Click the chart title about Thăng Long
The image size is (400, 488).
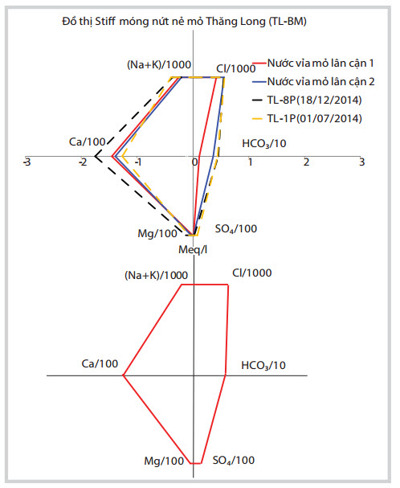[184, 22]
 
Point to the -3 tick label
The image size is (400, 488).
[27, 162]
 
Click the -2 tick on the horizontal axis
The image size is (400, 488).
[83, 162]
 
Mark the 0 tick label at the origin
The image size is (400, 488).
[194, 162]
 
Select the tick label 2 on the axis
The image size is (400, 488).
[306, 162]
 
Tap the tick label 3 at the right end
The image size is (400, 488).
[361, 162]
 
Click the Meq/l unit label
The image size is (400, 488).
[193, 249]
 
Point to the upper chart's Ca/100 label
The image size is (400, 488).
[88, 142]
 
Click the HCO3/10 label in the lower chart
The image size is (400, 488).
[263, 365]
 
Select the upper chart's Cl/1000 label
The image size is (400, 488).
[236, 68]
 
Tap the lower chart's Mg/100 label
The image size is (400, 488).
[164, 461]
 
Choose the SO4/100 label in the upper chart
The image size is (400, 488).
[236, 229]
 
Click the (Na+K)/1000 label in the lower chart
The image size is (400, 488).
[156, 275]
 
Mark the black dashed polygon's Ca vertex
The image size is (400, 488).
[95, 156]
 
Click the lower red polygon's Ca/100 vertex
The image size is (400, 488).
[124, 375]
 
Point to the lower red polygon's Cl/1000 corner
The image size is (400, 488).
[228, 285]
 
